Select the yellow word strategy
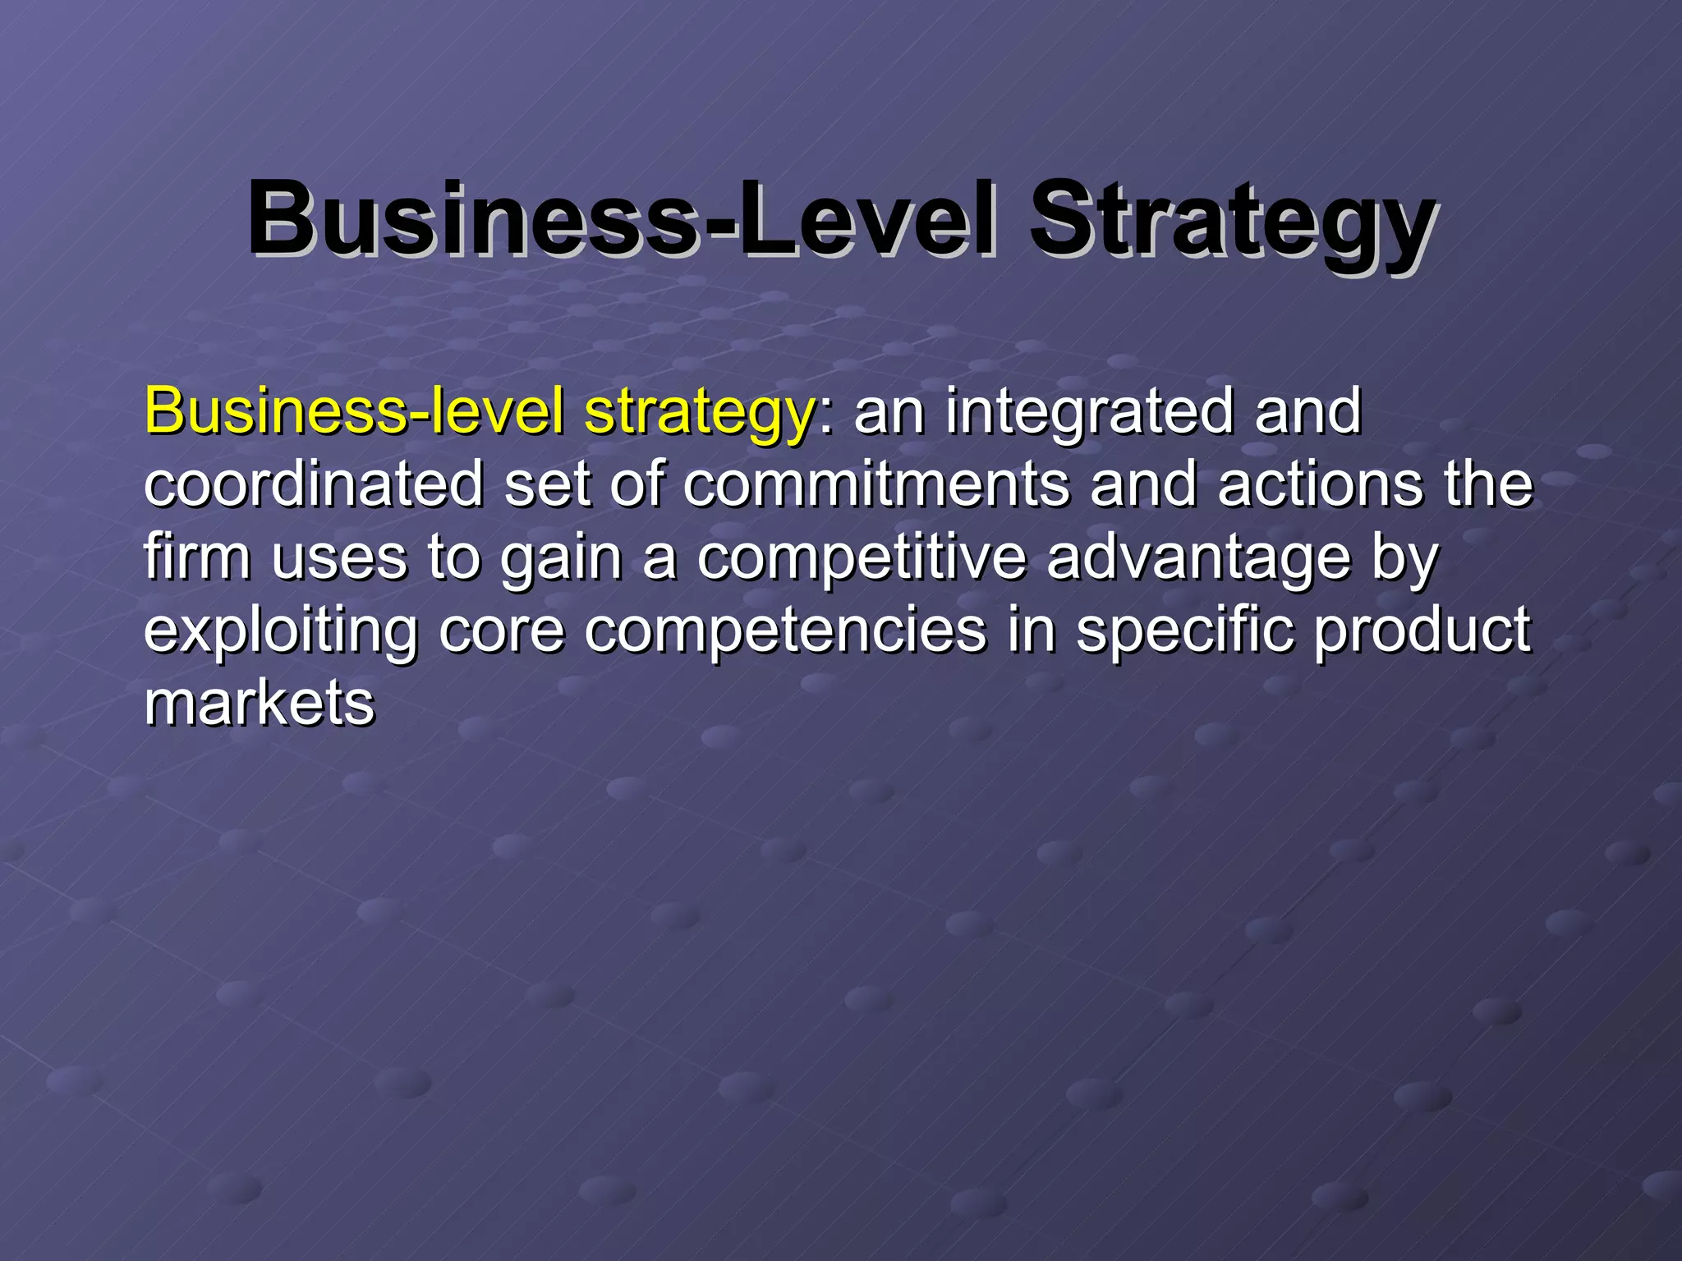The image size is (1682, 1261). pyautogui.click(x=699, y=413)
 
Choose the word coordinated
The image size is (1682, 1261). pyautogui.click(x=315, y=484)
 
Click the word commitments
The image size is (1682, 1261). pyautogui.click(x=876, y=484)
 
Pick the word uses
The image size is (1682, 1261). pyautogui.click(x=339, y=558)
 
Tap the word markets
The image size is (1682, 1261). pyautogui.click(x=260, y=704)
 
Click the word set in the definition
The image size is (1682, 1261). pyautogui.click(x=547, y=484)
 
